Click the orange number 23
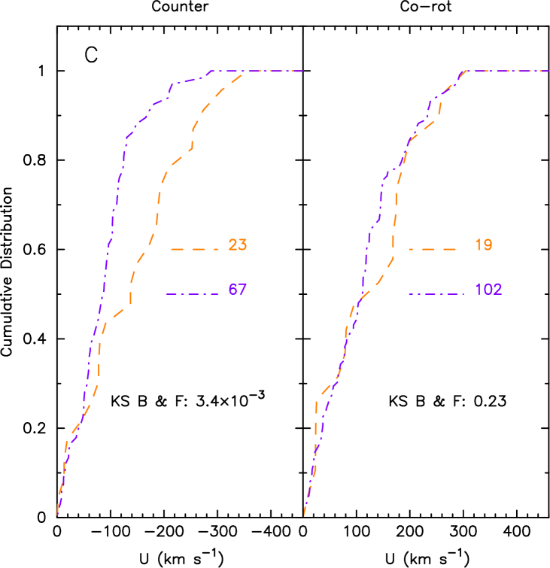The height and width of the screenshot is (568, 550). (237, 245)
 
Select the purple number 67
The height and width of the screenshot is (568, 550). (237, 290)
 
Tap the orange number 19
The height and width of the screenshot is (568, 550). (483, 245)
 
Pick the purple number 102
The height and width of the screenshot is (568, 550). (488, 290)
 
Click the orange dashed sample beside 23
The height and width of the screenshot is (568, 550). (194, 249)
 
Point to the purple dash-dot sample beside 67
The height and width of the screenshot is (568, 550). (192, 293)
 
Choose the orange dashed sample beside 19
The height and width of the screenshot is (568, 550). (433, 249)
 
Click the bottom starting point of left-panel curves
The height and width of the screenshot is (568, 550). (57, 515)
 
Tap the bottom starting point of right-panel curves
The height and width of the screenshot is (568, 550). (304, 515)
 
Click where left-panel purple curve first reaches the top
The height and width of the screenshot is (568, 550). (212, 71)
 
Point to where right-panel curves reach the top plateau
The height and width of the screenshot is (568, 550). (465, 71)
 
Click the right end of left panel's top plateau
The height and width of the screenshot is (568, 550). (303, 71)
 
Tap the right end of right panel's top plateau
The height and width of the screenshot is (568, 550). (549, 71)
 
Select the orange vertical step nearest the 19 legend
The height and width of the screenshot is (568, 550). (394, 222)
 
